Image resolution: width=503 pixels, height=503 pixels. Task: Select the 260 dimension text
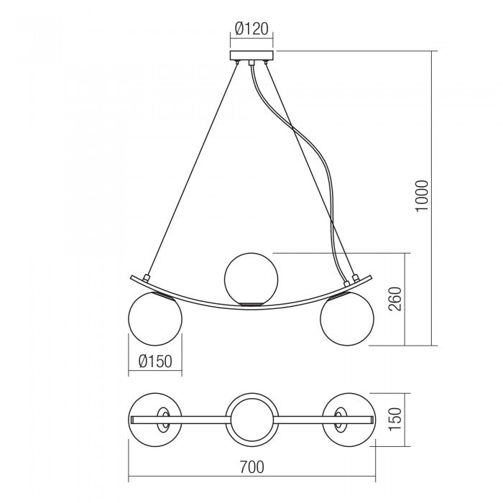pos(394,297)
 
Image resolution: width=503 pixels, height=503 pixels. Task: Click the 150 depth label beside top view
pos(394,418)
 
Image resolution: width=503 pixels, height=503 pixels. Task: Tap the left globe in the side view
pos(154,319)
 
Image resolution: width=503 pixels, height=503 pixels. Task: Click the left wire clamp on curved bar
pos(147,277)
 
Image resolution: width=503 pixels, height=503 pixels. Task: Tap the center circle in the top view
pos(250,418)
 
